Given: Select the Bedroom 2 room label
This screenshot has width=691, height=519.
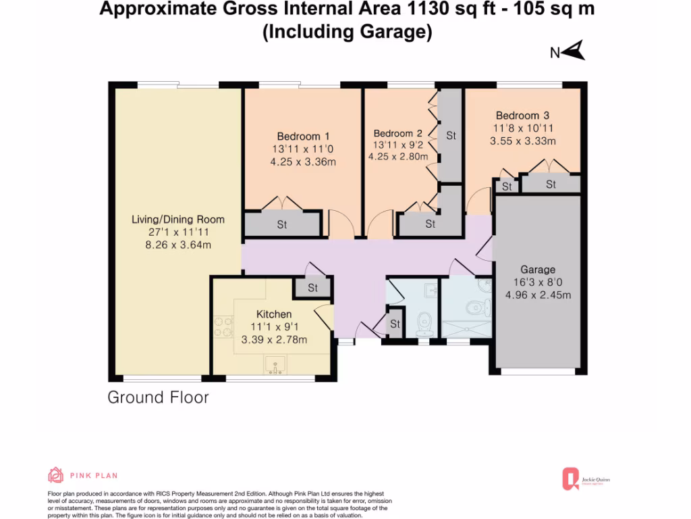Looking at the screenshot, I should (x=397, y=133).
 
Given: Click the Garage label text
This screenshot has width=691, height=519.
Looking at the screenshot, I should (x=538, y=270).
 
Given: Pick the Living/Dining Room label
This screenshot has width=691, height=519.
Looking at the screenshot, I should (x=178, y=220).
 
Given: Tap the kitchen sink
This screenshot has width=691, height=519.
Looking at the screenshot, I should (x=275, y=366).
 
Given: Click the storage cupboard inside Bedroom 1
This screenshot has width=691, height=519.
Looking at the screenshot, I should (x=282, y=224).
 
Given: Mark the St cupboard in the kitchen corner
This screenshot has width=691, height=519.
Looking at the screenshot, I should (x=312, y=288).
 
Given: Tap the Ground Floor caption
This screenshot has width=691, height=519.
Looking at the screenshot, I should (x=158, y=397).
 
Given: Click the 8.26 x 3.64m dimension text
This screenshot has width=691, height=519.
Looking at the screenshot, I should (x=178, y=245).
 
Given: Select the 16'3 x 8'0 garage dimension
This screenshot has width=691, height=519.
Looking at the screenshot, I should (x=538, y=282).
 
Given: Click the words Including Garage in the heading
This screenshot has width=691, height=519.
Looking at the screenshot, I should (x=346, y=32).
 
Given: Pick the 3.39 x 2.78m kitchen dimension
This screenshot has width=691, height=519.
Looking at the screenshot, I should (x=274, y=339).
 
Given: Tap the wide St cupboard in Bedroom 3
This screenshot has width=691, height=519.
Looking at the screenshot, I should (x=551, y=184).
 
